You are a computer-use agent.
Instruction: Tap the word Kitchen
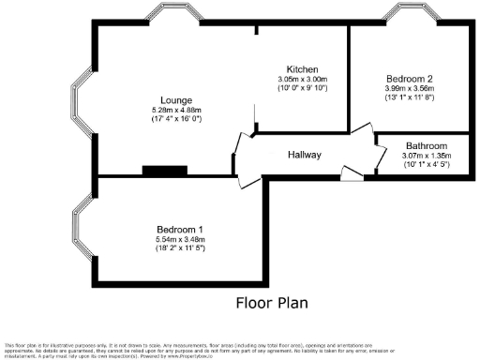303,70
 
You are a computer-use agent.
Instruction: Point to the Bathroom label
426,147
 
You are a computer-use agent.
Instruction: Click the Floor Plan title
271,303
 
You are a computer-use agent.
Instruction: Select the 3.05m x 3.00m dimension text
303,80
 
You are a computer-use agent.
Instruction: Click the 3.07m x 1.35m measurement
426,157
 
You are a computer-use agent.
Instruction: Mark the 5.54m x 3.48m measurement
181,240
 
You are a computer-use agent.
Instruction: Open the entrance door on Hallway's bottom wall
350,172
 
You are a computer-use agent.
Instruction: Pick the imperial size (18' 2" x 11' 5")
181,249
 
